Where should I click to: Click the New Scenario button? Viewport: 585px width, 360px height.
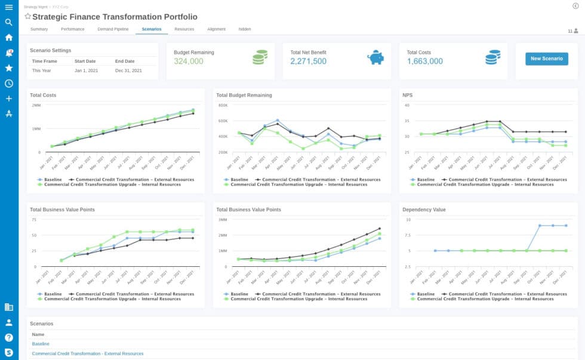[547, 59]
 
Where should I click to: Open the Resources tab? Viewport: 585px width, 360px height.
[184, 29]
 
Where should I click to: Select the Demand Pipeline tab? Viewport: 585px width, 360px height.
[112, 29]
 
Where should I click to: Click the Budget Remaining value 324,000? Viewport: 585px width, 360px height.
[189, 61]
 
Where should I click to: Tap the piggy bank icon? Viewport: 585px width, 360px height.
[375, 57]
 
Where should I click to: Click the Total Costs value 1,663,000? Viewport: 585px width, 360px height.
[424, 61]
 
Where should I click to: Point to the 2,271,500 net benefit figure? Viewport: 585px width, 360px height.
[308, 61]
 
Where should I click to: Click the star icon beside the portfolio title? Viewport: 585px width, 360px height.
[27, 17]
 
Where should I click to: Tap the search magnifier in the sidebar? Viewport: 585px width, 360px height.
[8, 22]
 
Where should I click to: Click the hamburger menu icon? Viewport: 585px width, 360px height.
[8, 7]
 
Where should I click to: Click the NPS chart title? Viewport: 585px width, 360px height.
[407, 95]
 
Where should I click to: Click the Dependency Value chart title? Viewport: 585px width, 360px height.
[424, 210]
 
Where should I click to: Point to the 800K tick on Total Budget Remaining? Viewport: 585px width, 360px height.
[223, 105]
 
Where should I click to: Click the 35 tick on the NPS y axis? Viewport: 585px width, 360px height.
[407, 121]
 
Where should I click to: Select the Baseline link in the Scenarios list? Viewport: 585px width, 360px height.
[41, 344]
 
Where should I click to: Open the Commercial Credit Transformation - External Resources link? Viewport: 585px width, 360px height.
[87, 353]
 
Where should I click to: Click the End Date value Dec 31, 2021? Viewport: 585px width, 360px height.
[128, 70]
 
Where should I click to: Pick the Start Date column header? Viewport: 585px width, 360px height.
[85, 61]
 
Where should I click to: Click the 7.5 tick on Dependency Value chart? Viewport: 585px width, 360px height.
[406, 235]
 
